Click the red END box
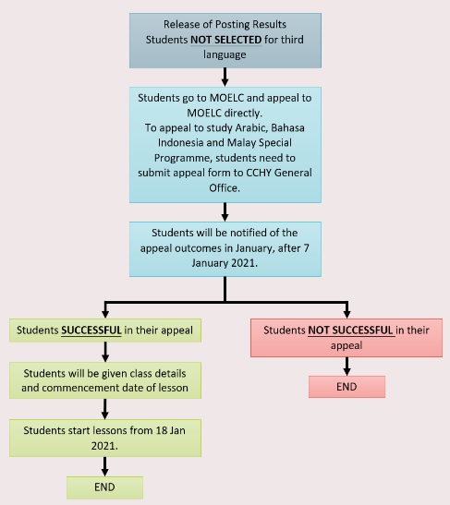click(x=347, y=387)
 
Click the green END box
click(x=104, y=487)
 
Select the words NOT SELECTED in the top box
click(x=226, y=40)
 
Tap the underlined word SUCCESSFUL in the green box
click(x=91, y=331)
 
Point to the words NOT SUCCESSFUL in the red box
click(x=350, y=331)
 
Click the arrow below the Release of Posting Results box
click(x=225, y=77)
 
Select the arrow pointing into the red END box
click(x=347, y=367)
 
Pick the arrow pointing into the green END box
click(x=104, y=466)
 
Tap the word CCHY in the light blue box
click(x=259, y=173)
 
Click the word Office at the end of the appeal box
click(x=224, y=187)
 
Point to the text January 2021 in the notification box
click(x=224, y=263)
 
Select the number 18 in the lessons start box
click(x=162, y=430)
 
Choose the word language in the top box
click(x=225, y=54)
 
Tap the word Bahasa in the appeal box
click(x=287, y=127)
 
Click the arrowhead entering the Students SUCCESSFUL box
click(x=105, y=314)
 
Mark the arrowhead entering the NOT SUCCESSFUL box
click(x=347, y=314)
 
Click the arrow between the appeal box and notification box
click(x=225, y=212)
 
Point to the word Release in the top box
click(x=177, y=25)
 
